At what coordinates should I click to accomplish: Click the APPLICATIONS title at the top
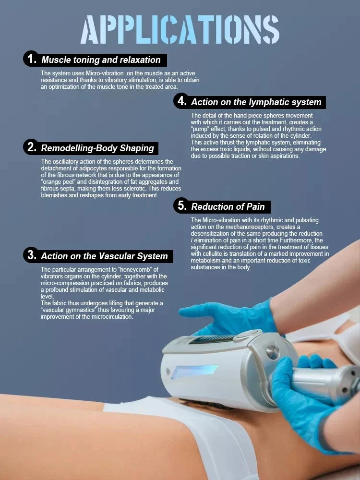click(180, 30)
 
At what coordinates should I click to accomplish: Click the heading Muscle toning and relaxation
click(101, 60)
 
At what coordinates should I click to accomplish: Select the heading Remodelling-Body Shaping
click(97, 148)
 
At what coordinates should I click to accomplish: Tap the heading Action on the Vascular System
click(104, 256)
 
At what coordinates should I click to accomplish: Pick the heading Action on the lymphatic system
click(256, 102)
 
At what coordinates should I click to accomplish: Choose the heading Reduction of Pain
click(228, 206)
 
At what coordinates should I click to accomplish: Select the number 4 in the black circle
click(182, 101)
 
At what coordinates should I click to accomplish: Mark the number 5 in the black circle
click(182, 205)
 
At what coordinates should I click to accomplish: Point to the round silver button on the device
click(272, 352)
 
